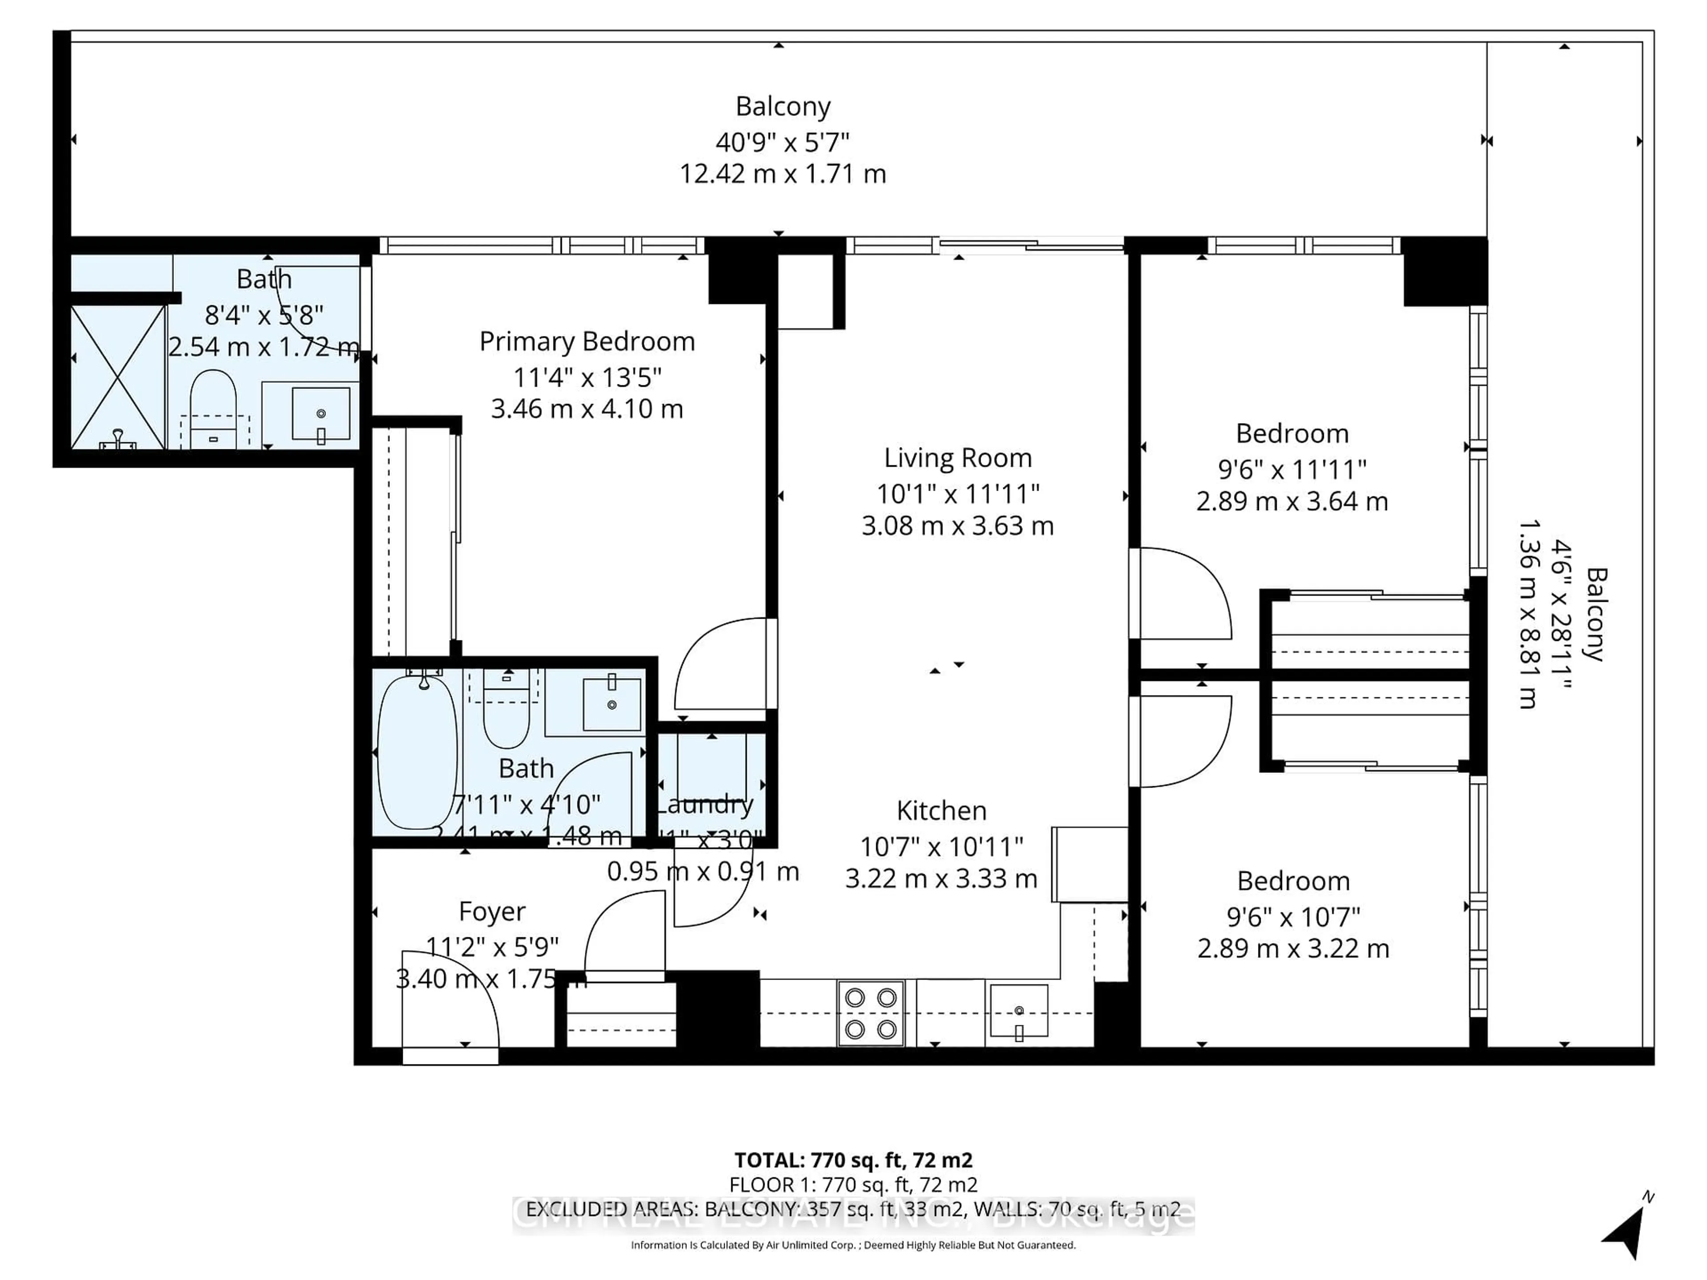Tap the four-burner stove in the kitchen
pos(870,1013)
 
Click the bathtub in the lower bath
pos(417,752)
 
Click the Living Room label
pos(957,458)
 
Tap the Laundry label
pos(704,805)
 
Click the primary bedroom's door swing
pos(721,664)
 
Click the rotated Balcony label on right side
pos(1595,615)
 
